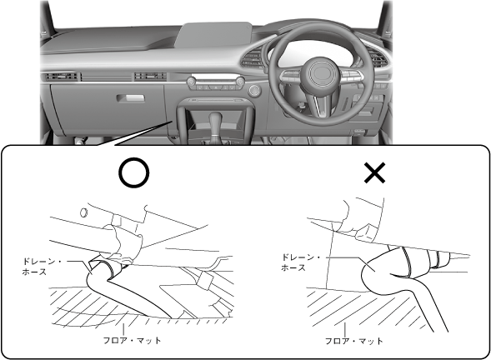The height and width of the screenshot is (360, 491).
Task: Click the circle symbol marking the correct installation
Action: pos(134,172)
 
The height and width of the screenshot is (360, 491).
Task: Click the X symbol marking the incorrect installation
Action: pos(374,172)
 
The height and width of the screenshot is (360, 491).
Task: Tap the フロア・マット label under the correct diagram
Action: pos(133,340)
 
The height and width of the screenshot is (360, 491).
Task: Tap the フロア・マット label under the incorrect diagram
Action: pos(353,341)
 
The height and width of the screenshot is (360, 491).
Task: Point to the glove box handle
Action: pos(131,98)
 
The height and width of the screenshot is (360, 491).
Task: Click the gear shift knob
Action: pos(215,121)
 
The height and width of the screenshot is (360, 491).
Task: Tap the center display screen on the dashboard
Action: pos(213,35)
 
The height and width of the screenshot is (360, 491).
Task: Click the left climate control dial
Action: pos(192,82)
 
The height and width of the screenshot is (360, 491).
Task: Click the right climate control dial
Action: pos(240,82)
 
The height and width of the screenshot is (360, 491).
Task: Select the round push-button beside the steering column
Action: pos(254,91)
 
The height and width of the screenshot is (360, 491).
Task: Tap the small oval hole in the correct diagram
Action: pos(83,212)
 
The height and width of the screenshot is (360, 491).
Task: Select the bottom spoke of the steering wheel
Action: pos(320,104)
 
